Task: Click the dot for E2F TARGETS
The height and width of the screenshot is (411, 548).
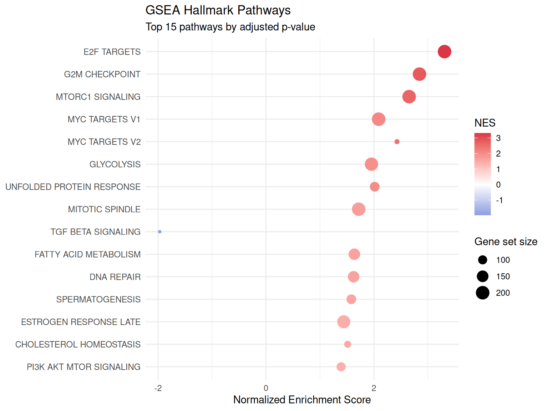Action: (x=444, y=52)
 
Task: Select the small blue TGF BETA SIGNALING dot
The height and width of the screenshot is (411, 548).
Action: (x=159, y=232)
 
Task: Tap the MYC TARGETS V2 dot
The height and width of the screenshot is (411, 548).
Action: (x=397, y=142)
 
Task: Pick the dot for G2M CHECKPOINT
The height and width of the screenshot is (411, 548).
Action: (x=419, y=74)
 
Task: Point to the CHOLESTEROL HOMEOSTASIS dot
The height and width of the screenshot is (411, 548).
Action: (x=347, y=344)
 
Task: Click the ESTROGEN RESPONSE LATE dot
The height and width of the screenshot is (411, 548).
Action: (x=344, y=322)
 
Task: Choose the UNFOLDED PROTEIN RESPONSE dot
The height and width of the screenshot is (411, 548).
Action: (x=374, y=187)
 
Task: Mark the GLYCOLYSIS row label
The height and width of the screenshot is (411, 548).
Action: (x=115, y=164)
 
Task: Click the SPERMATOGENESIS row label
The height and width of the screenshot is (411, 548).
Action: (x=98, y=299)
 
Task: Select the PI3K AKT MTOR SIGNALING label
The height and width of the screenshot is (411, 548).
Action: (x=83, y=367)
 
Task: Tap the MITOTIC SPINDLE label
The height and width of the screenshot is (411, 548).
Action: (x=104, y=209)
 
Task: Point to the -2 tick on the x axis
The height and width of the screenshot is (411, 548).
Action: (x=158, y=388)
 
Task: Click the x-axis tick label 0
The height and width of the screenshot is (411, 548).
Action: (x=266, y=388)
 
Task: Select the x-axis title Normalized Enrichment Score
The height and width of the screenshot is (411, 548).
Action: (x=302, y=400)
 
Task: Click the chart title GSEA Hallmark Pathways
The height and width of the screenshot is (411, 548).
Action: (x=218, y=10)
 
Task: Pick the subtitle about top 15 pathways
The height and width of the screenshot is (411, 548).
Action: (x=230, y=27)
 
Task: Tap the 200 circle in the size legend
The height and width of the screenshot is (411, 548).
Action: (x=482, y=293)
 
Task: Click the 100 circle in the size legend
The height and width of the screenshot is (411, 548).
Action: (x=482, y=260)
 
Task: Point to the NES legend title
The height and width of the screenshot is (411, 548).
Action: (x=484, y=123)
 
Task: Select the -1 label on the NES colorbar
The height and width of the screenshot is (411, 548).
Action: (x=499, y=201)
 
